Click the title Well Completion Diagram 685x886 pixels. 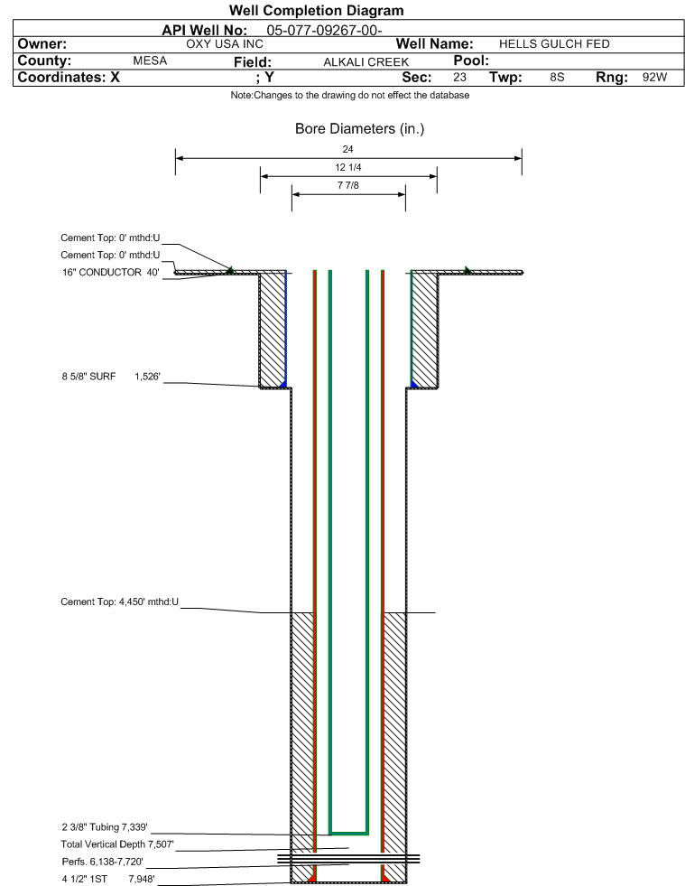tap(316, 11)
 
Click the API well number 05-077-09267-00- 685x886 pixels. tap(324, 31)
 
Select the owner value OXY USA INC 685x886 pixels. tap(225, 44)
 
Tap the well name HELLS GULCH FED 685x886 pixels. tap(554, 44)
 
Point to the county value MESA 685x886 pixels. tap(150, 61)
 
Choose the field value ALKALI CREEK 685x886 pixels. tap(366, 62)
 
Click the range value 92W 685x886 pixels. tap(654, 78)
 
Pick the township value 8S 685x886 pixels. tap(557, 78)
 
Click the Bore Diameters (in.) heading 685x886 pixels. tap(359, 129)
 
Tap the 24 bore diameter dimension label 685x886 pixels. tap(347, 149)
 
